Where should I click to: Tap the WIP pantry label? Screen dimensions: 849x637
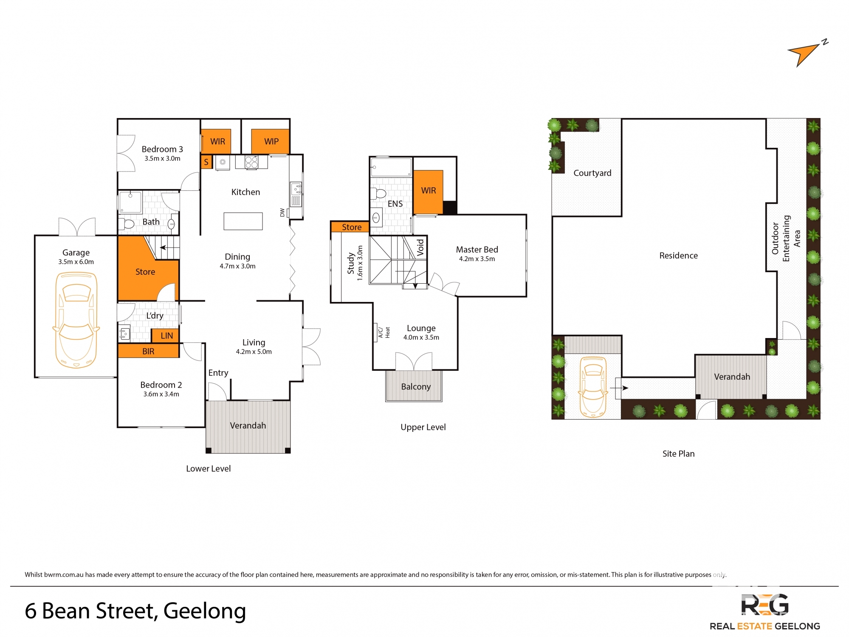271,141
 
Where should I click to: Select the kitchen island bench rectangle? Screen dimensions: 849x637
243,221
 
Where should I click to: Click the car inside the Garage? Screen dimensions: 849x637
76,320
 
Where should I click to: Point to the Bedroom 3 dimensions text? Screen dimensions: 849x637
162,158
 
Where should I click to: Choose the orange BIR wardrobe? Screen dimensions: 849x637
148,351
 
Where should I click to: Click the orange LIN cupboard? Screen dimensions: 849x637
165,335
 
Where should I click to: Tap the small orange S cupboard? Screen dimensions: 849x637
206,162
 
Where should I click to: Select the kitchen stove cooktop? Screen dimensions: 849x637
251,162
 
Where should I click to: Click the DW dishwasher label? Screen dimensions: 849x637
282,212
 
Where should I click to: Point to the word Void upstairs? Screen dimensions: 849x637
420,247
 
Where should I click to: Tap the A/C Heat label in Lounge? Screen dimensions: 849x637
384,332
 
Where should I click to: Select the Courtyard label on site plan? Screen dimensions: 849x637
592,173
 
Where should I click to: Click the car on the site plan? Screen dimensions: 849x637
592,387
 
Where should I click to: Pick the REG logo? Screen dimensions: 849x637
764,604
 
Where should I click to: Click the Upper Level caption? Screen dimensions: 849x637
423,427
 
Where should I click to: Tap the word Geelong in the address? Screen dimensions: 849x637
205,611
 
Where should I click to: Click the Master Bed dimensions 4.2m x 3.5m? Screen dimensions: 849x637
477,259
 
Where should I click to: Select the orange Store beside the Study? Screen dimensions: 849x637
350,227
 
